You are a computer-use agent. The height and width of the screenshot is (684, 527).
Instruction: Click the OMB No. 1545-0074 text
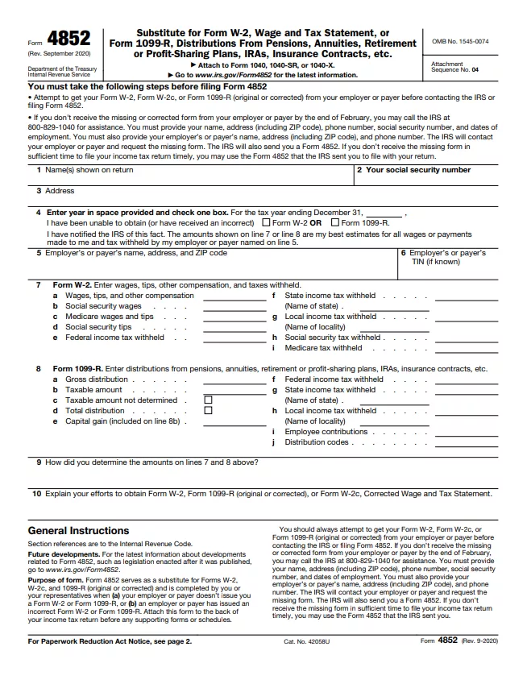point(461,40)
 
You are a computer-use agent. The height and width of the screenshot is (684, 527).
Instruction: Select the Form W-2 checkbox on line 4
point(267,222)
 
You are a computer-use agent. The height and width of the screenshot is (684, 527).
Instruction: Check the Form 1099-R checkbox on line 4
point(335,222)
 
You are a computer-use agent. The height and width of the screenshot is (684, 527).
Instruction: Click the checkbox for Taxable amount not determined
point(208,400)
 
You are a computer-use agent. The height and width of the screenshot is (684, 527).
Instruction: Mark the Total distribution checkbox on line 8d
point(208,410)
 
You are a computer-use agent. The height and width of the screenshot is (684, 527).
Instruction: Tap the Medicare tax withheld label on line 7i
point(323,348)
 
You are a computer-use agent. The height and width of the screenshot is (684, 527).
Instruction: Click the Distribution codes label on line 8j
point(316,441)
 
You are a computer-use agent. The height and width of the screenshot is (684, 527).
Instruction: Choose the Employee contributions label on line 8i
point(326,432)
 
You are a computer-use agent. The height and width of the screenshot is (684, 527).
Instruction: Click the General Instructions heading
point(78,531)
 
